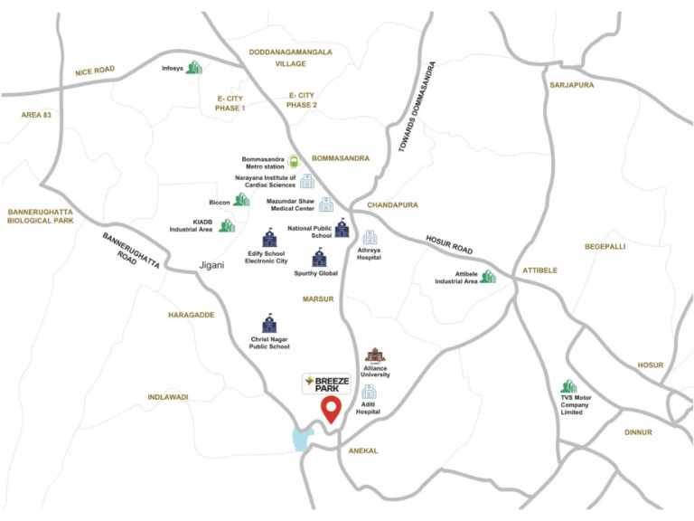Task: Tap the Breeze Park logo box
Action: click(x=326, y=383)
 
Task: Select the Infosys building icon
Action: click(x=193, y=68)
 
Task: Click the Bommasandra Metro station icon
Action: click(x=294, y=163)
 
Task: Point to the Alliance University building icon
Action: click(x=375, y=355)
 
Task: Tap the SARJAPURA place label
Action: click(x=571, y=84)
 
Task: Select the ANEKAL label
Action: click(x=363, y=450)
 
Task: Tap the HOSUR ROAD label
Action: click(x=449, y=244)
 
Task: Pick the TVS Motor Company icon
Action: click(x=568, y=386)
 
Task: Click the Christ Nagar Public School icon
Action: click(x=269, y=324)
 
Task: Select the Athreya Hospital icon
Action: click(x=369, y=237)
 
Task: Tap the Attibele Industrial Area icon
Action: click(x=488, y=276)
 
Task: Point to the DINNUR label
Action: click(x=638, y=432)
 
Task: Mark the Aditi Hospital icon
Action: click(x=369, y=392)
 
